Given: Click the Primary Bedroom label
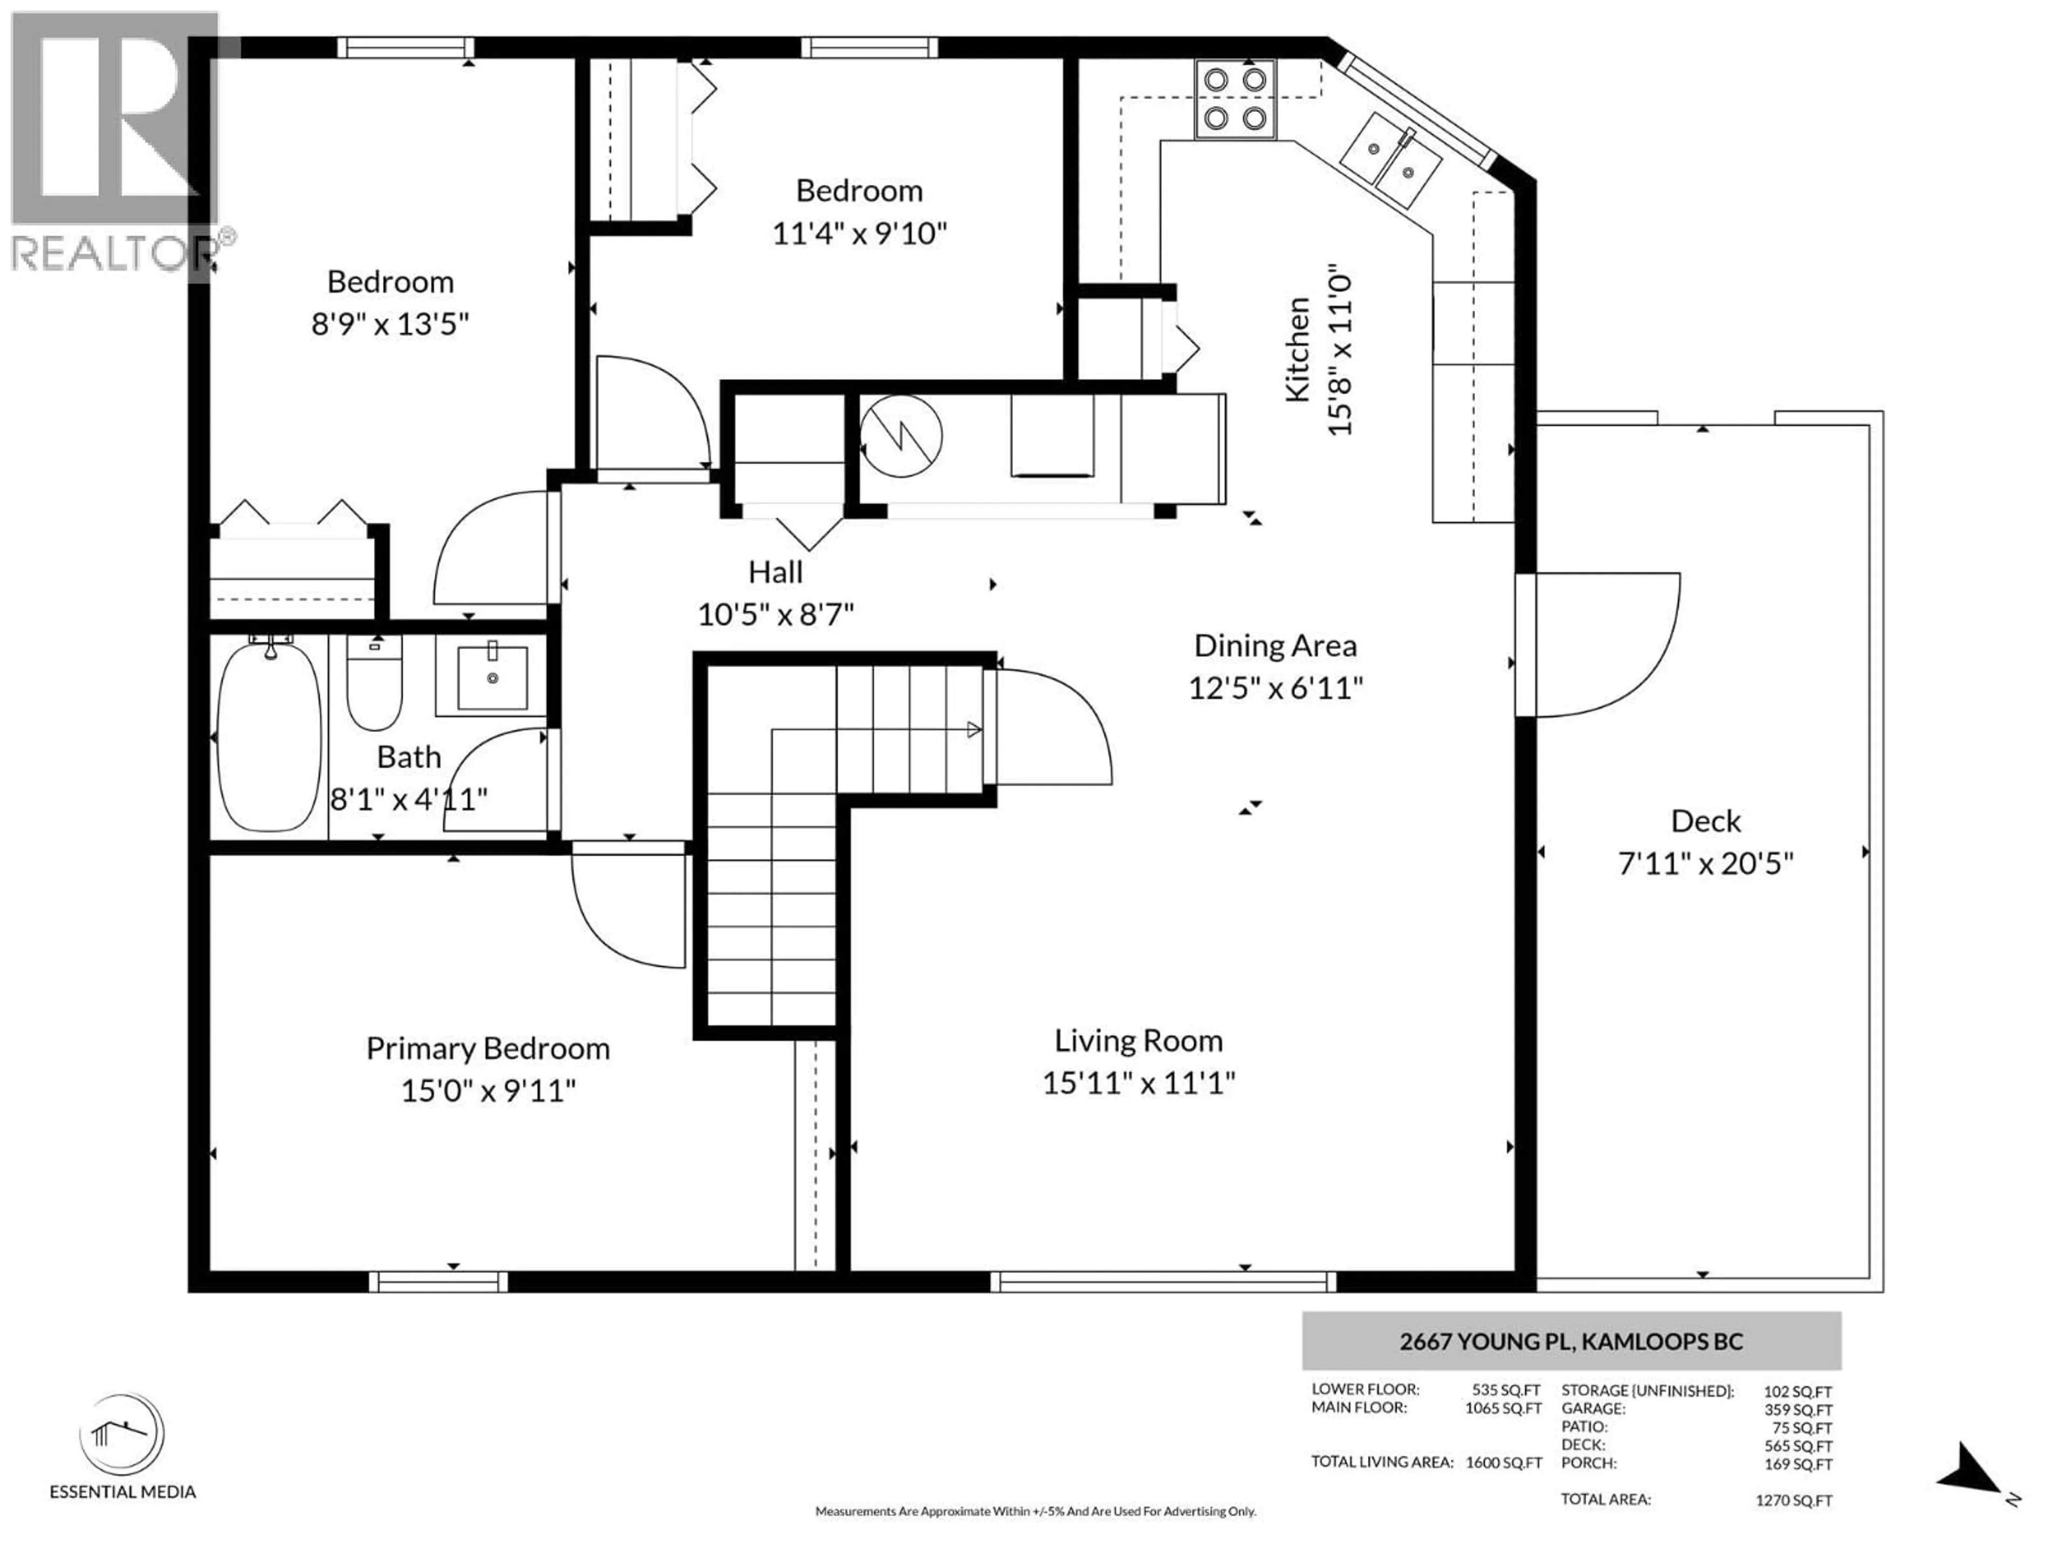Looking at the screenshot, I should coord(488,1048).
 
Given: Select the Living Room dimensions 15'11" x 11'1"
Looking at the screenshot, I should coord(1139,1084).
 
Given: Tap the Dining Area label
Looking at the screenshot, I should coord(1275,646).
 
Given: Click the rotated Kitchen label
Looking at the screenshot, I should coord(1298,350).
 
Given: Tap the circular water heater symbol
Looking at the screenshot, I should coord(901,436).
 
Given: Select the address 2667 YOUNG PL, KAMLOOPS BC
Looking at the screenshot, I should coord(1571,1342).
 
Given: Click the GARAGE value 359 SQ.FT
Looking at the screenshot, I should coord(1798,1410).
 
